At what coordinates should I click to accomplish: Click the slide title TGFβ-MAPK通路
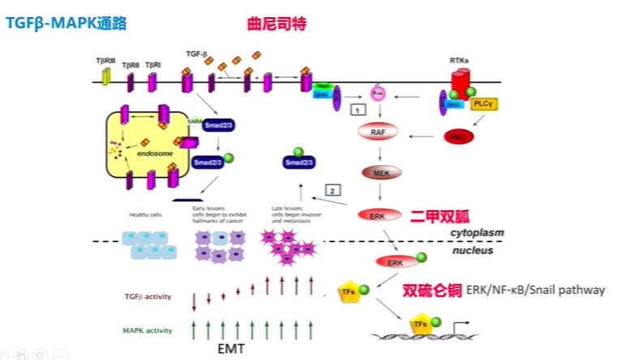click(60, 24)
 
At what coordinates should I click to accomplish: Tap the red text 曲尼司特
click(276, 24)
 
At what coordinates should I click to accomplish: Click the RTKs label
click(461, 60)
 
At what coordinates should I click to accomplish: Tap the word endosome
click(152, 151)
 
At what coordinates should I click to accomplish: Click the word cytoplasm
click(477, 233)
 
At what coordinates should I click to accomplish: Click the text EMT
click(230, 349)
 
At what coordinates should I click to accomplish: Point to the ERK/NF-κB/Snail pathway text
click(535, 289)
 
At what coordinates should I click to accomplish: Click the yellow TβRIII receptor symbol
click(105, 76)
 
